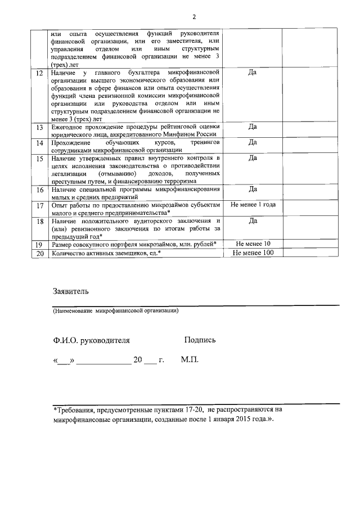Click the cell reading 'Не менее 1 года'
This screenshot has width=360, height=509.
click(x=253, y=205)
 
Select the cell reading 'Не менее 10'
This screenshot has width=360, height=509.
click(x=253, y=244)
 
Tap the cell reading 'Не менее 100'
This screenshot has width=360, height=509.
click(x=253, y=253)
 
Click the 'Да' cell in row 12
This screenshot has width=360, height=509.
click(x=253, y=73)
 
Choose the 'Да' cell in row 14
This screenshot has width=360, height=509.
click(x=253, y=142)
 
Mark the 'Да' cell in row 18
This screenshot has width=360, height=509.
click(x=253, y=221)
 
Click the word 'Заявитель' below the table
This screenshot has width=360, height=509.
click(x=70, y=291)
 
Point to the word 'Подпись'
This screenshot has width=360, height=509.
click(x=200, y=340)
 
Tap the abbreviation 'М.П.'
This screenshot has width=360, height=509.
click(x=190, y=359)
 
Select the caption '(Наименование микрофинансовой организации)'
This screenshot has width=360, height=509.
click(x=116, y=310)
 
